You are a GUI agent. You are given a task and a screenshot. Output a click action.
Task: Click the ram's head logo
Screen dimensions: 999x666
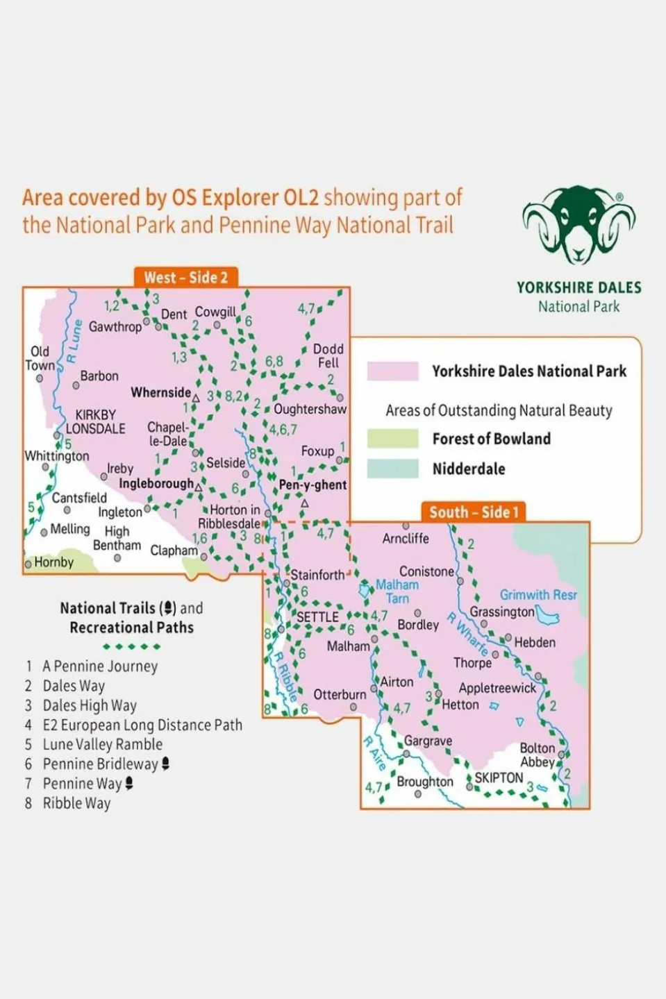578,225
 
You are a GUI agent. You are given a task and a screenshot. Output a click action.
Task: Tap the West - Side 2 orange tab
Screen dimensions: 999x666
185,278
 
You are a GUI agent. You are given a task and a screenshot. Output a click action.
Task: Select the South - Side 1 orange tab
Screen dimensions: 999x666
474,512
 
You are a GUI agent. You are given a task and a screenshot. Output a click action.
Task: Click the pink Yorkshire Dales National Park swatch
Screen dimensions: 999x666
392,371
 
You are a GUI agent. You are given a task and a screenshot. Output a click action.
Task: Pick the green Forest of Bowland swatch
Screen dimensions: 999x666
392,439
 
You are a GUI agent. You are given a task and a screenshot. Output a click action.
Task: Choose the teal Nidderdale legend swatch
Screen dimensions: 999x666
392,469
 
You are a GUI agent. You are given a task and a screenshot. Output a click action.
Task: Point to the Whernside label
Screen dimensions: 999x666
160,393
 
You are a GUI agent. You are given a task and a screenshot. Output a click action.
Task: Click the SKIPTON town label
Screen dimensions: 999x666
499,778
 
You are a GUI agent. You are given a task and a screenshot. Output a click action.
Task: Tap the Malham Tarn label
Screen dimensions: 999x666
397,591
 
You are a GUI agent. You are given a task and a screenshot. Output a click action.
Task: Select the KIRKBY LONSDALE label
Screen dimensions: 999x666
96,421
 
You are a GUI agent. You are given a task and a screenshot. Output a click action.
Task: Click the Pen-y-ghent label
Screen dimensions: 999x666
313,485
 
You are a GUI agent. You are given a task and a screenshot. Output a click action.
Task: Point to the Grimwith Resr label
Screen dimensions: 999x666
538,595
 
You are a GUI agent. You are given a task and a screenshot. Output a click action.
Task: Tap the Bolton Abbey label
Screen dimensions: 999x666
538,755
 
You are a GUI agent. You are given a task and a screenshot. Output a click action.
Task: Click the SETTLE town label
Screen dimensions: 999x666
317,617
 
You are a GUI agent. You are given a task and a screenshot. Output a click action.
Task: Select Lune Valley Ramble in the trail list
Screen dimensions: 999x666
102,745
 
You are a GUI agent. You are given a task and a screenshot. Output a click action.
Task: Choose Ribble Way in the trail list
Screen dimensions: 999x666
76,803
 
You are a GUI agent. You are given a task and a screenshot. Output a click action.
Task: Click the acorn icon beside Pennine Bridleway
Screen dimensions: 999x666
165,764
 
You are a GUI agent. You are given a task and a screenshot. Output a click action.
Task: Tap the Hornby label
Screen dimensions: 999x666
53,562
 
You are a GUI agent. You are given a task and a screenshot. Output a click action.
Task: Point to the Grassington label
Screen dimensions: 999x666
502,612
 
